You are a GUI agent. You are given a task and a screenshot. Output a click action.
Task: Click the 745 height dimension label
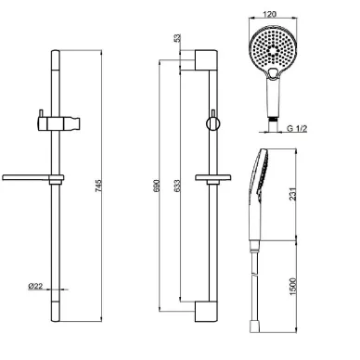click(x=98, y=186)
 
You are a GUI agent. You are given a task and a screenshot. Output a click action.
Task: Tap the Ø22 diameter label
click(x=35, y=286)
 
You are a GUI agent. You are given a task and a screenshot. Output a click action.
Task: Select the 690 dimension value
click(x=157, y=186)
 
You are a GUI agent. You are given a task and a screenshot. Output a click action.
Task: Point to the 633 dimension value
click(x=176, y=186)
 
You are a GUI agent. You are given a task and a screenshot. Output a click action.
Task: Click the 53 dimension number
click(x=177, y=38)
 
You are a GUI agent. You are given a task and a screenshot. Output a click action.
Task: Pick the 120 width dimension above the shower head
click(x=269, y=15)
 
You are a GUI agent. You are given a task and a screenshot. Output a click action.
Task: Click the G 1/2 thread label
click(x=297, y=128)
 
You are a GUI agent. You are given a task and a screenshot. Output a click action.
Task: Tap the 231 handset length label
click(x=292, y=194)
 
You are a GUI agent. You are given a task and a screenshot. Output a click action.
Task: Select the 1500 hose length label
click(x=292, y=287)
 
